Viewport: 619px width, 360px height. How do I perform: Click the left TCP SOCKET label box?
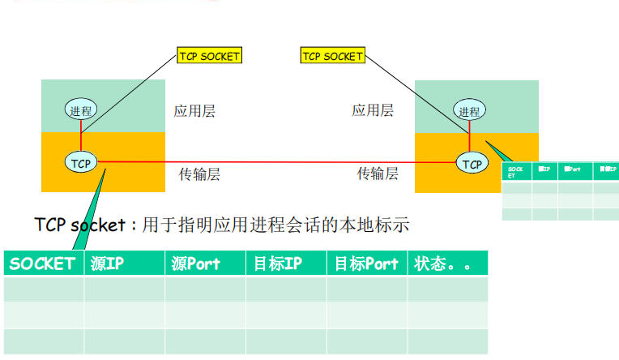click(209, 56)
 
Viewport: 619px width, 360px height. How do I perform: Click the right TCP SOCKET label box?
click(332, 56)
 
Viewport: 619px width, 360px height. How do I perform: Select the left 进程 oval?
click(81, 111)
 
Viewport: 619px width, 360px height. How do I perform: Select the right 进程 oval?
click(469, 111)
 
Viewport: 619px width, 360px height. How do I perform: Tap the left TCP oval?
click(81, 163)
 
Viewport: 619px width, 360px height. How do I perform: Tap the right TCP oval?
click(472, 163)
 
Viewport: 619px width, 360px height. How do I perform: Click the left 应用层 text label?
click(194, 111)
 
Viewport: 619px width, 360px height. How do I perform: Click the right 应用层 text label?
click(373, 110)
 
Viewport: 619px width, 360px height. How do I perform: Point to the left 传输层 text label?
click(199, 173)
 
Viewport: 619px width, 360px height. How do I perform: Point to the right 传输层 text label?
click(378, 173)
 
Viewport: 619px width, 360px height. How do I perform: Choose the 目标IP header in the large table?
click(277, 264)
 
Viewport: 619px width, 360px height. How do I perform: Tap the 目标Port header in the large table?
click(366, 264)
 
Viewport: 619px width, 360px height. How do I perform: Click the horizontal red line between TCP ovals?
click(275, 162)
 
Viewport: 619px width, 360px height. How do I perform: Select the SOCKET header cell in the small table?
click(516, 171)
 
